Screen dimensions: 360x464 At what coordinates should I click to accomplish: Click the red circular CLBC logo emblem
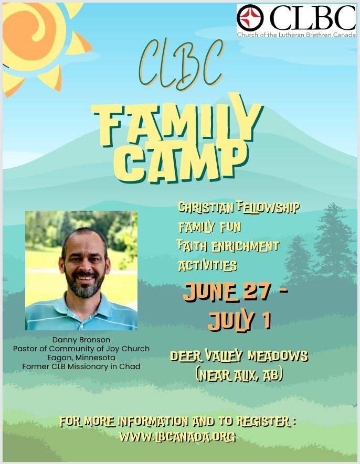tap(250, 18)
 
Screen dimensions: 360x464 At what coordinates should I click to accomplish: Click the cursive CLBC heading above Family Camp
tap(181, 64)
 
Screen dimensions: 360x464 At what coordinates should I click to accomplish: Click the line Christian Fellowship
tap(239, 207)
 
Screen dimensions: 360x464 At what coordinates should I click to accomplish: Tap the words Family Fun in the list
tap(209, 227)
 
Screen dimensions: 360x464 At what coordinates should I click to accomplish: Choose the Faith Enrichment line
tap(228, 246)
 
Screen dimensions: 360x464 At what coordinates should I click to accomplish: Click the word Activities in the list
tap(207, 265)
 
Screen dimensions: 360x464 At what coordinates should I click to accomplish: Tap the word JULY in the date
tap(231, 320)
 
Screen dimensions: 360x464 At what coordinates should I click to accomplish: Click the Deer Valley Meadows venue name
tap(239, 355)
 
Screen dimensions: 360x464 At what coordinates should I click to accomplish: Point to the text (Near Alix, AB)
tap(239, 375)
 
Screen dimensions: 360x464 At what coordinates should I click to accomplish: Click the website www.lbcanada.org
tap(177, 437)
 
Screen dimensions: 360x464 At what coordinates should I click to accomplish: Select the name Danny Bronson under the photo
tap(81, 340)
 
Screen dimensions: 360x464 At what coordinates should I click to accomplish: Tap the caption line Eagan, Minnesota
tap(81, 358)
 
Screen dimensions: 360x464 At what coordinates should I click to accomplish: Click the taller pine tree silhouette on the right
tap(333, 243)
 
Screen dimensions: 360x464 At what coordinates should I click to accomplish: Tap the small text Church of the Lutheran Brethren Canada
tap(297, 35)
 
